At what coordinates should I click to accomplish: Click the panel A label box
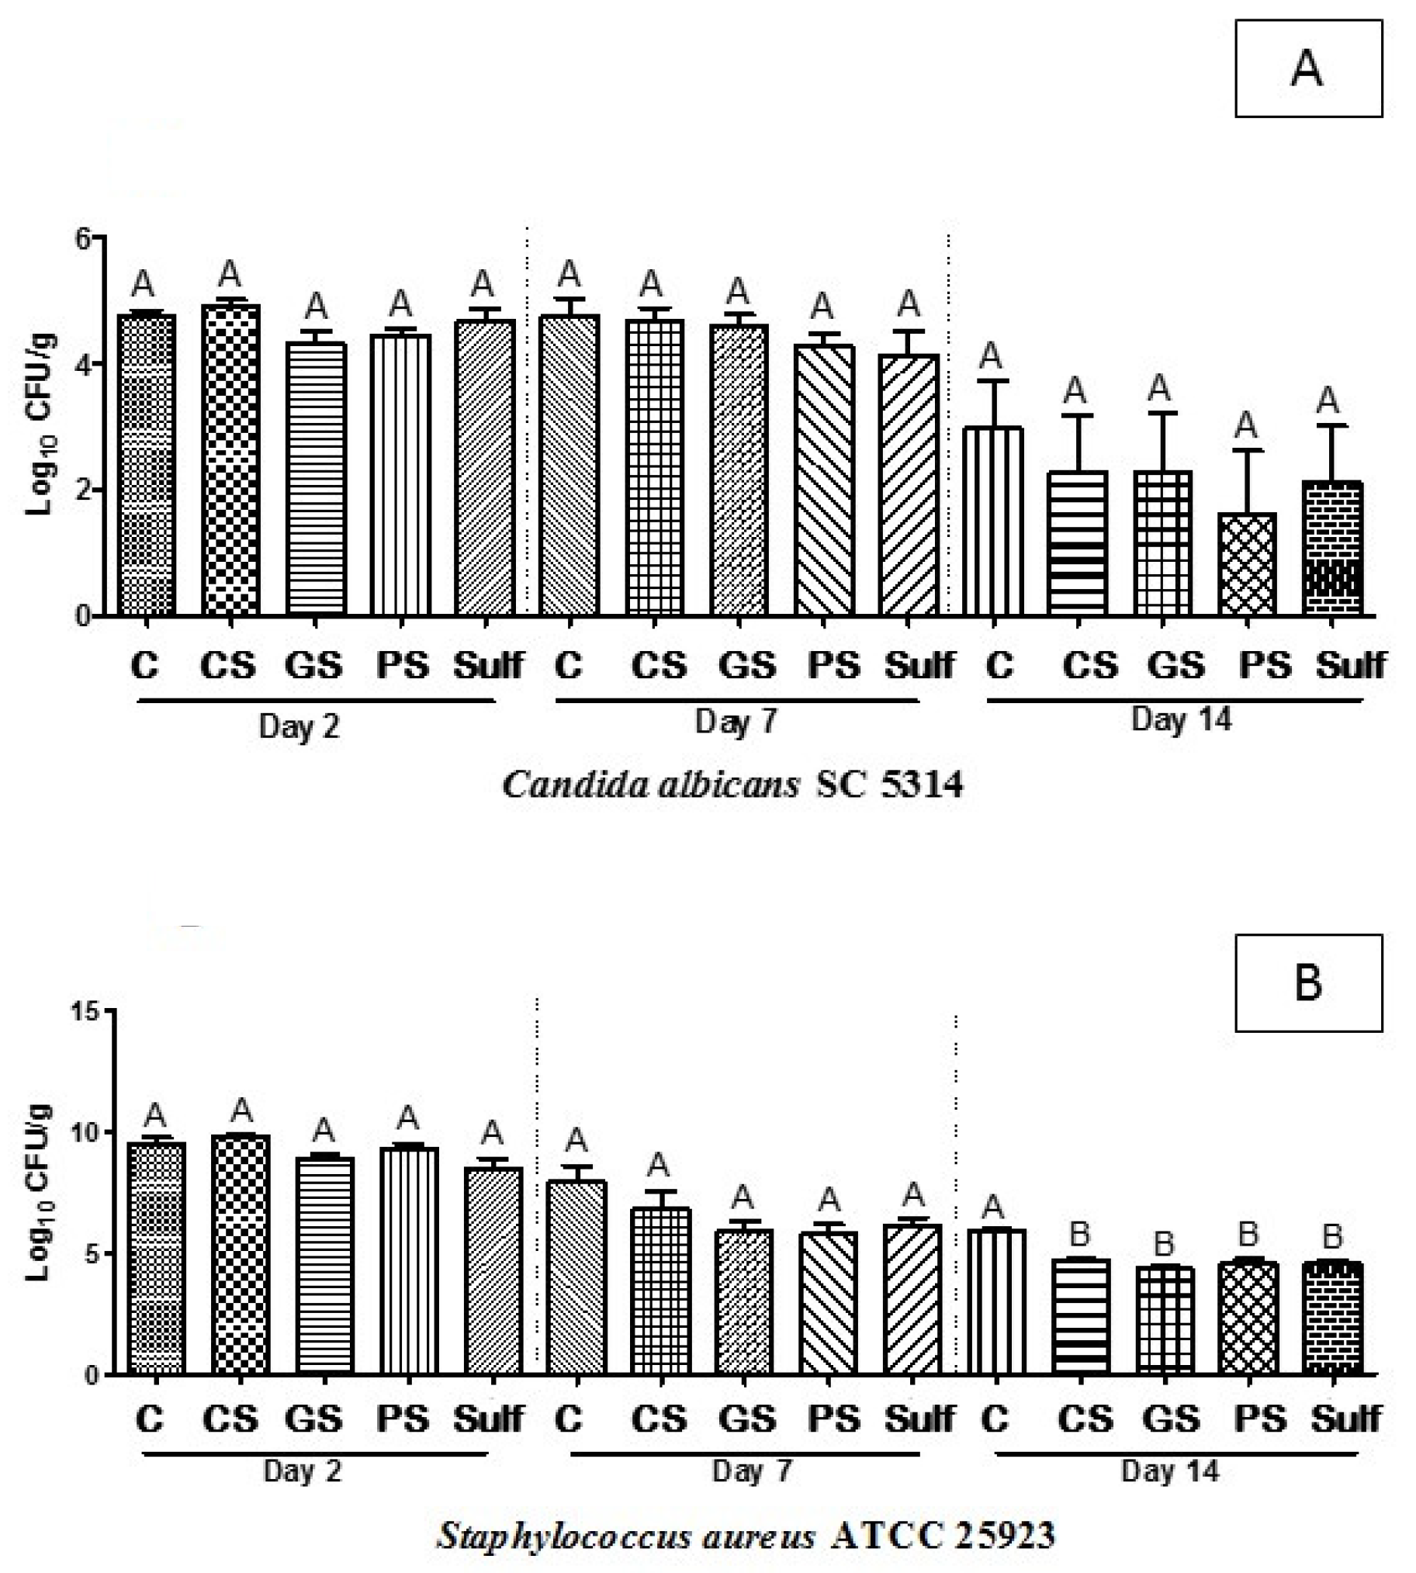point(1308,68)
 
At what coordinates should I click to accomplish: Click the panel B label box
point(1308,982)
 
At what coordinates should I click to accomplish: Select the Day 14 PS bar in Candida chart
point(1245,564)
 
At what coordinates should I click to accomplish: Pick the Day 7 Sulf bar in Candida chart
point(909,486)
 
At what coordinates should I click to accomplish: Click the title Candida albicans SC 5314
point(732,785)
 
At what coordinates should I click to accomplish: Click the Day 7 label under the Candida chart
point(736,722)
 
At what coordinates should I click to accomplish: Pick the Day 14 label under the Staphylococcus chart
point(1169,1472)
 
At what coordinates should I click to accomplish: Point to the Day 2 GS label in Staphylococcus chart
point(313,1419)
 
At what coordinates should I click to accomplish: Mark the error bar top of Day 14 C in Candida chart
point(992,380)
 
